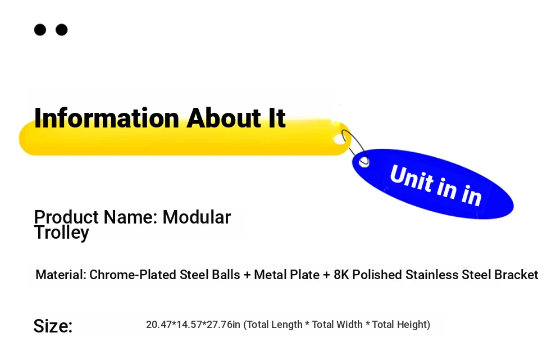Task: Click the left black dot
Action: [x=40, y=30]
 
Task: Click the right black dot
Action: [x=62, y=30]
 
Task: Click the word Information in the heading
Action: [x=106, y=118]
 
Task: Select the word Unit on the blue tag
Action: [x=411, y=178]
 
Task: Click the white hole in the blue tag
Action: [x=364, y=162]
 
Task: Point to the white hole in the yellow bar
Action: [x=340, y=139]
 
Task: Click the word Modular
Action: [x=197, y=217]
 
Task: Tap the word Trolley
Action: [x=62, y=233]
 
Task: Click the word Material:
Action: [x=61, y=275]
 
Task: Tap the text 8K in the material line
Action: [x=341, y=275]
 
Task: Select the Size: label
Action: [x=53, y=326]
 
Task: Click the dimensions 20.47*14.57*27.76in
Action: [x=193, y=325]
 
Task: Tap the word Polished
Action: [x=377, y=275]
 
